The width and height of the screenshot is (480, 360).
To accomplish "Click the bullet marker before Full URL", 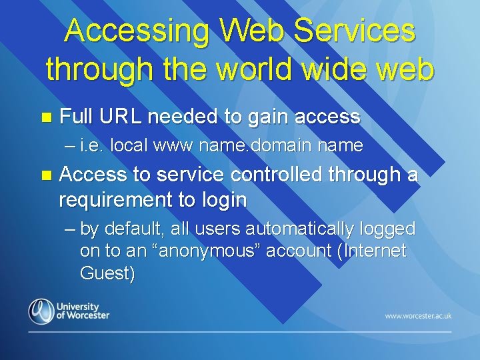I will coord(46,118).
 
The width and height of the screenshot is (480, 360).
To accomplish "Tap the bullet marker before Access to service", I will coord(46,175).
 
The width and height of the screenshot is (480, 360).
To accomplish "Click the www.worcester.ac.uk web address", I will coord(418,315).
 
